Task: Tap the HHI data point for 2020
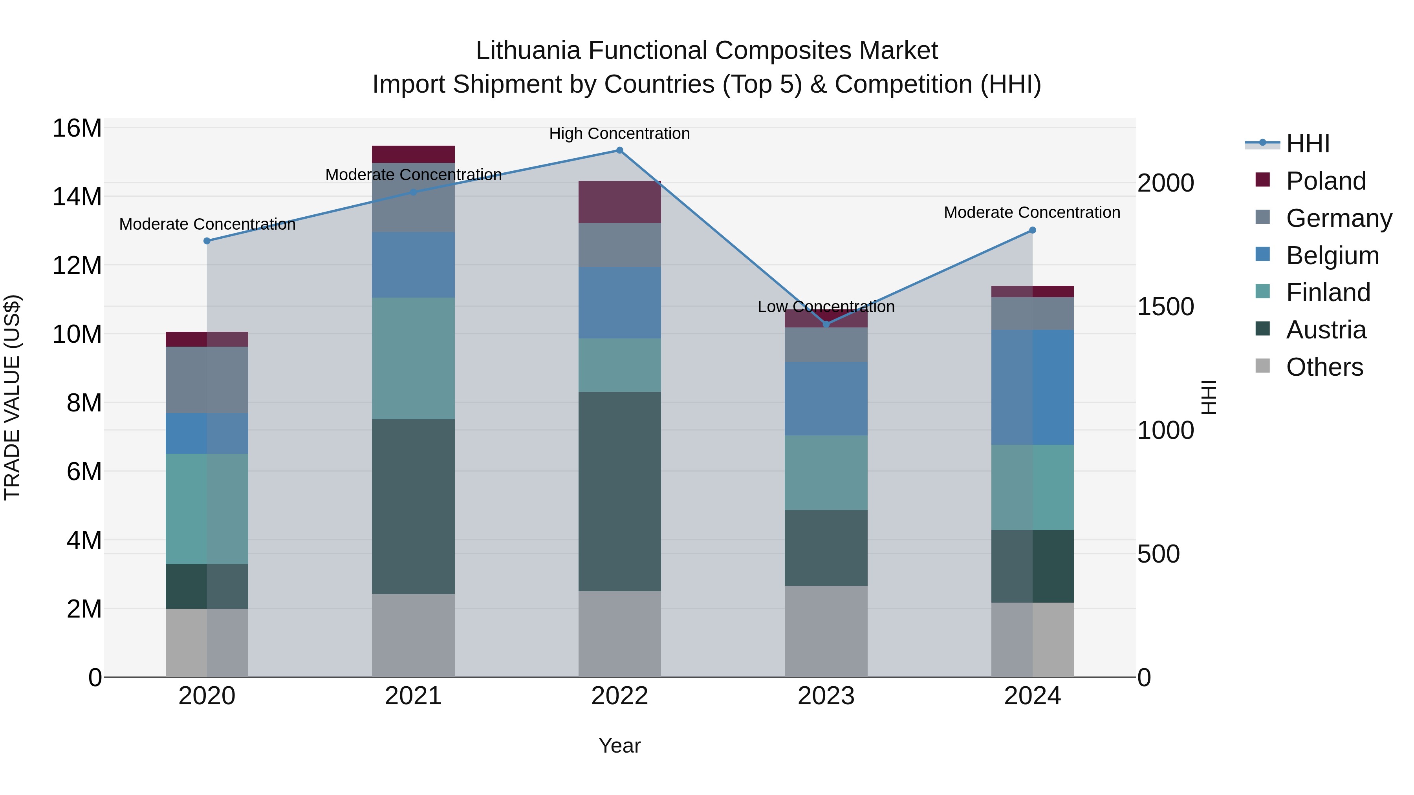207,241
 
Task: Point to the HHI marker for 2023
826,324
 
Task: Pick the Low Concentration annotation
826,307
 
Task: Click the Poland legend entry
1325,181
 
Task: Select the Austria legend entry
1325,330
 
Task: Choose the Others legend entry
1324,367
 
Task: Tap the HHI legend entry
1308,144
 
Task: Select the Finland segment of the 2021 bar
413,358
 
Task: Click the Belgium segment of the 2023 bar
826,398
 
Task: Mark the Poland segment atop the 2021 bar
413,154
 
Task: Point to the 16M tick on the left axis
77,128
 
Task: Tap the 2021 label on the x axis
413,696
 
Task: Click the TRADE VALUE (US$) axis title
12,397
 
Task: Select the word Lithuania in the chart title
528,51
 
